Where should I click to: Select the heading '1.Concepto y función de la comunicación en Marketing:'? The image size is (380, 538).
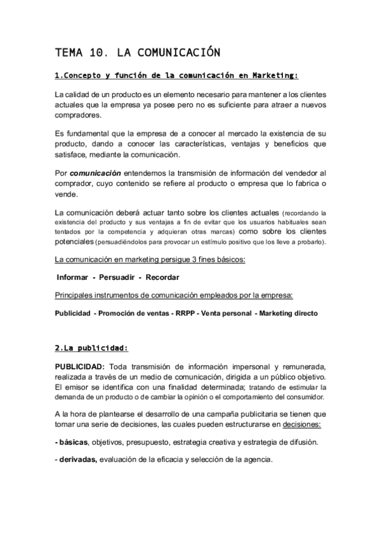pos(176,76)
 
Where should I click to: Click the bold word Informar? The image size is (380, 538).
pos(72,277)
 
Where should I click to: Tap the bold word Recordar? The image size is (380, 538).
pos(162,277)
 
